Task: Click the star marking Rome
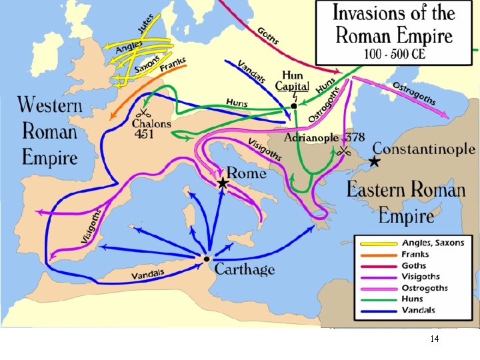click(222, 182)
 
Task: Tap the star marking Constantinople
click(375, 162)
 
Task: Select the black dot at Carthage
click(207, 259)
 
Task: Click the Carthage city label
click(245, 269)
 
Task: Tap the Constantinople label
click(423, 149)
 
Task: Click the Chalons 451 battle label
click(152, 128)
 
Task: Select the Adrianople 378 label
click(324, 138)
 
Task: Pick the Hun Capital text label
click(295, 81)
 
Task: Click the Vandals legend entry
click(418, 310)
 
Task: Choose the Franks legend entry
click(415, 254)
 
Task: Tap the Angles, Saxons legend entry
click(432, 243)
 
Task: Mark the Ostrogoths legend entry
click(425, 288)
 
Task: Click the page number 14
click(435, 339)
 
